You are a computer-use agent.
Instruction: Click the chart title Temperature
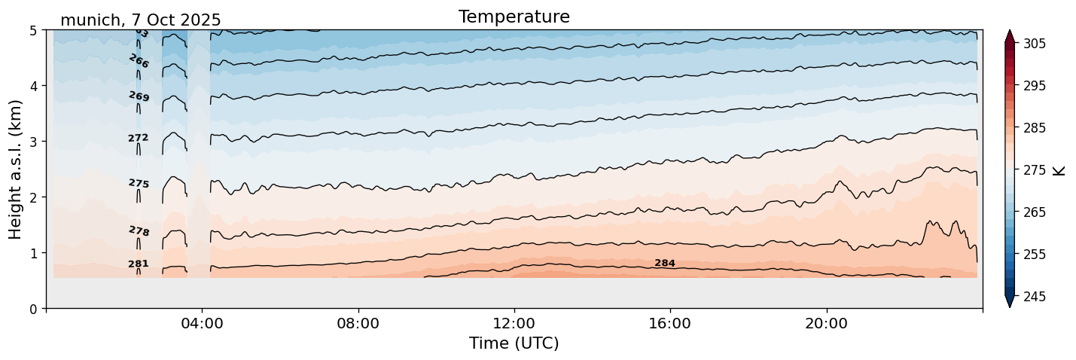pyautogui.click(x=514, y=17)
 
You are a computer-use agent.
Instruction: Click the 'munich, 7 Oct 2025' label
pyautogui.click(x=140, y=20)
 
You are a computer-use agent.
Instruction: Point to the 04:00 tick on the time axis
pyautogui.click(x=202, y=324)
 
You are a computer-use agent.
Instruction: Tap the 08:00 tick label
pyautogui.click(x=358, y=324)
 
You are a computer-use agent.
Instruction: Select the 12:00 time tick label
pyautogui.click(x=514, y=324)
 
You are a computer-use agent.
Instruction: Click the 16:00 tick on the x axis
pyautogui.click(x=670, y=324)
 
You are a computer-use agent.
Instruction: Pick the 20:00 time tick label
pyautogui.click(x=826, y=324)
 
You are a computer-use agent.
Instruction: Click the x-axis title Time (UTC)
pyautogui.click(x=514, y=343)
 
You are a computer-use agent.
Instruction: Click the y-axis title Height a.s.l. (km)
pyautogui.click(x=16, y=169)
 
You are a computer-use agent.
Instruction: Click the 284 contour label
pyautogui.click(x=665, y=263)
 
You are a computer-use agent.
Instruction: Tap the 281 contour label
pyautogui.click(x=139, y=264)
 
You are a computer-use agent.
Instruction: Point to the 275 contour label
pyautogui.click(x=139, y=183)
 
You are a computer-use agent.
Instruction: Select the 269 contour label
pyautogui.click(x=139, y=96)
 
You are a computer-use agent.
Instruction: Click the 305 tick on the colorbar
pyautogui.click(x=1033, y=44)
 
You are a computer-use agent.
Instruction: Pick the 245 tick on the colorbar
pyautogui.click(x=1033, y=297)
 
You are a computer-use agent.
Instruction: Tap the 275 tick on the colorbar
pyautogui.click(x=1033, y=170)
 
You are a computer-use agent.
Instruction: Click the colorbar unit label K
pyautogui.click(x=1059, y=170)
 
